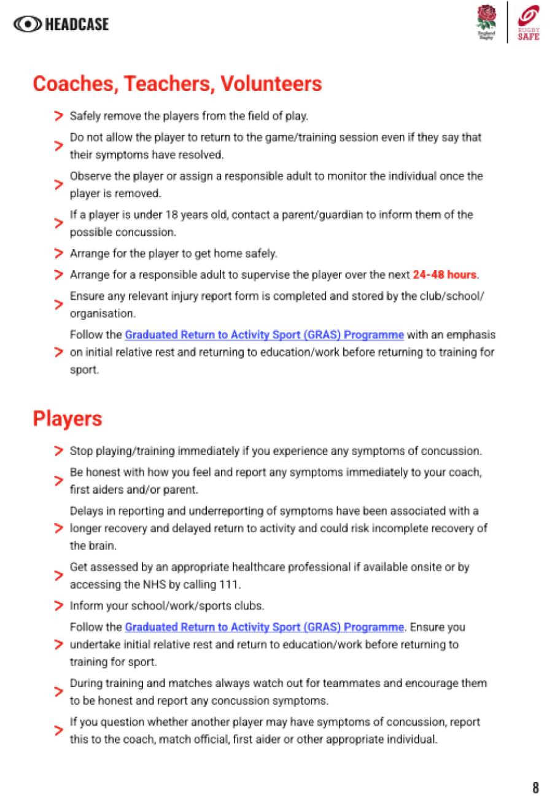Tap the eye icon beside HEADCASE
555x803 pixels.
[x=27, y=24]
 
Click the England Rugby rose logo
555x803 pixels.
[x=486, y=21]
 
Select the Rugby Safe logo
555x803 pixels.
[x=528, y=23]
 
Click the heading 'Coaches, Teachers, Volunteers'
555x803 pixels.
[x=177, y=83]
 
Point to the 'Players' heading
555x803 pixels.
[x=68, y=419]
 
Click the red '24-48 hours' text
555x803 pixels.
[x=445, y=274]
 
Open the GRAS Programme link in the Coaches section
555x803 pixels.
[x=264, y=335]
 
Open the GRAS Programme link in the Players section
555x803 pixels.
[x=264, y=627]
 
